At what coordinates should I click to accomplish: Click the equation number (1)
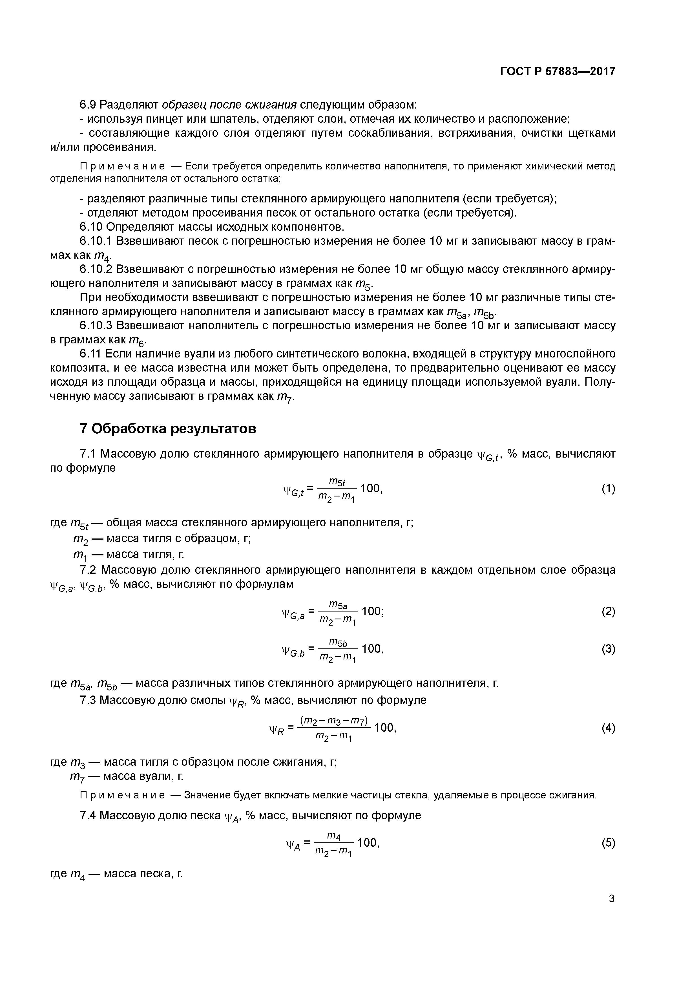point(608,489)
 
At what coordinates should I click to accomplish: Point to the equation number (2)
point(608,611)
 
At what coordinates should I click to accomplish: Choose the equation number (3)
point(608,649)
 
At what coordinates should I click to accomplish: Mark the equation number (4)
point(608,728)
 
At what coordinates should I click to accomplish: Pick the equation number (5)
point(608,843)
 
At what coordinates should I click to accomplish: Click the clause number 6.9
point(88,105)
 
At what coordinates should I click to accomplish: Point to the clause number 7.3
point(88,700)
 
